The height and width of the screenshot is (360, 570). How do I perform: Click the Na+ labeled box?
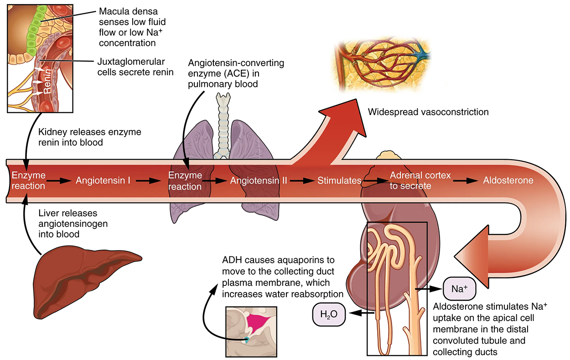[x=459, y=289]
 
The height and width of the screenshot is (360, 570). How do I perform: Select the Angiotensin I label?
[x=103, y=180]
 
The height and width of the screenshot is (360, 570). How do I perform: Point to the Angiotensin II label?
[x=258, y=180]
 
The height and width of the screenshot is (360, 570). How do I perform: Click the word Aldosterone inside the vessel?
[x=508, y=180]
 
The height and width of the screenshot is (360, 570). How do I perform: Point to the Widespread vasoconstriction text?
[x=428, y=112]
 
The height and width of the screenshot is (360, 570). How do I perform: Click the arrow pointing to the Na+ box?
[x=429, y=289]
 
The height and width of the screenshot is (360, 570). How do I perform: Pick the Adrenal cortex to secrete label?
[x=420, y=181]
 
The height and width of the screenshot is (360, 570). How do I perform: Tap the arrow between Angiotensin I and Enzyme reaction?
[x=150, y=181]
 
